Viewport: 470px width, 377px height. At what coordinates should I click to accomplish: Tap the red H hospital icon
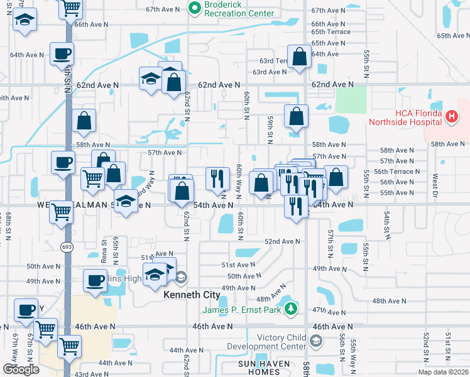point(451,116)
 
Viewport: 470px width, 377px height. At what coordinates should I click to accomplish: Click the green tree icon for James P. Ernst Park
point(290,309)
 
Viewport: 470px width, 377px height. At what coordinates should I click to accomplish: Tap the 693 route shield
point(67,247)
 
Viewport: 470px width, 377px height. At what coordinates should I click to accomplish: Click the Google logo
point(21,369)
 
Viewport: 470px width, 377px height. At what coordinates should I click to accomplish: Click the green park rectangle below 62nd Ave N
point(351,101)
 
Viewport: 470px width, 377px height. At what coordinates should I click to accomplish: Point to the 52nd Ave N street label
point(282,241)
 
